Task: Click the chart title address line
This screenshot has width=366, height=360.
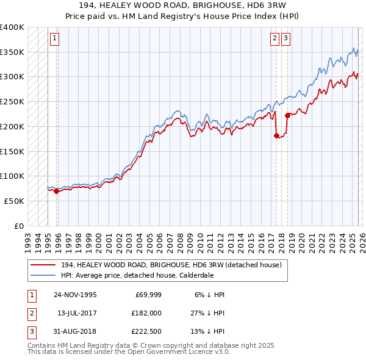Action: [183, 5]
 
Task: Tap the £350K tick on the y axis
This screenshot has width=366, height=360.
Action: [12, 52]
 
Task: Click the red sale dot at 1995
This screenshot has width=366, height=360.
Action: [57, 191]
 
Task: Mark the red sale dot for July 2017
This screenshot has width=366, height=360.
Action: [276, 135]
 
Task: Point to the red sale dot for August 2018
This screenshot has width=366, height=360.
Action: [287, 115]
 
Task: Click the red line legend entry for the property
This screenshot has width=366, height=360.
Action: [171, 265]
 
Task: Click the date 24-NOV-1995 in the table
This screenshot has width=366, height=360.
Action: [75, 295]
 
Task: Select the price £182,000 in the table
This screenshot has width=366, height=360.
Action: [147, 312]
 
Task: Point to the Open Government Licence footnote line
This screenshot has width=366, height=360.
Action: [129, 352]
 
